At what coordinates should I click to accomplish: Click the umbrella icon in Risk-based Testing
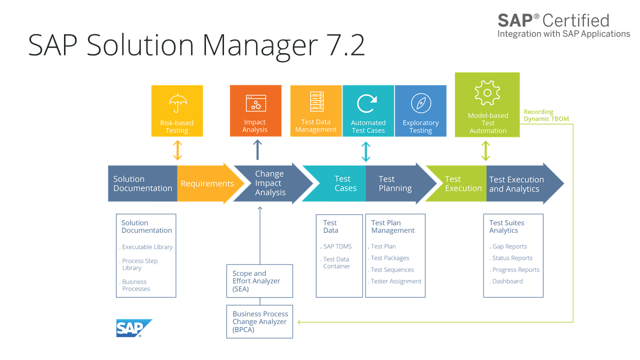(177, 103)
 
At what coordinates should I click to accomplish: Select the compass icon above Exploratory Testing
(420, 103)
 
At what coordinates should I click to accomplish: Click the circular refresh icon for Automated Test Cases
(367, 103)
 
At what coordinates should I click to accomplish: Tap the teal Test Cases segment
(340, 183)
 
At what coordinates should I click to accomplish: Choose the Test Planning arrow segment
(397, 183)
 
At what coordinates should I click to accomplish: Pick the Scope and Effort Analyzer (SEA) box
(259, 281)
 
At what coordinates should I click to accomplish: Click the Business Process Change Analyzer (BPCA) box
(259, 321)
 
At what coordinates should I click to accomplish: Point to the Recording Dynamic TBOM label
(546, 115)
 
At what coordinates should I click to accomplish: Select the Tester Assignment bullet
(396, 281)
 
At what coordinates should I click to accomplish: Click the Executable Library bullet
(147, 247)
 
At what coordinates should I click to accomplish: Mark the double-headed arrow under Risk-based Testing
(177, 150)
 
